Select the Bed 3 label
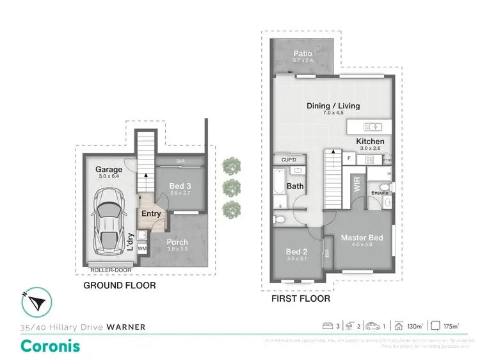(180, 186)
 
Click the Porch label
(177, 242)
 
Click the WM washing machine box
(142, 248)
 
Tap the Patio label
(303, 53)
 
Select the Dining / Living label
(334, 106)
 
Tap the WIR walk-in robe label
(356, 185)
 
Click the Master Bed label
(362, 238)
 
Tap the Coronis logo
(51, 346)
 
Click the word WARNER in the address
(125, 327)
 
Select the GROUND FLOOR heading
(120, 285)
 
